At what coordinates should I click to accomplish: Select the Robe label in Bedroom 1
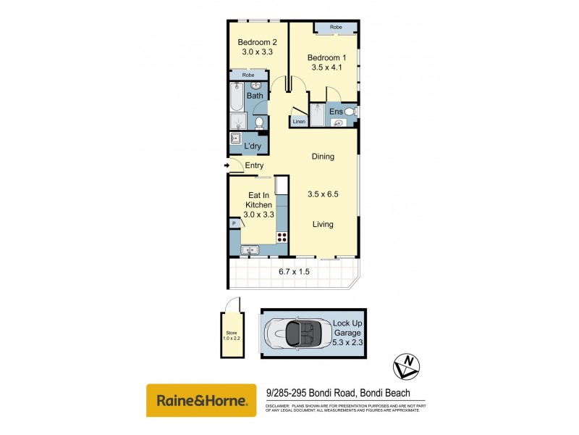click(336, 28)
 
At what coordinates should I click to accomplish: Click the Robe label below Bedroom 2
click(248, 75)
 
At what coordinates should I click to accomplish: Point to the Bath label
click(255, 96)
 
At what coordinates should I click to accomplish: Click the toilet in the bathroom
click(258, 123)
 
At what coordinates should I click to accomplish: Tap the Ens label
click(336, 112)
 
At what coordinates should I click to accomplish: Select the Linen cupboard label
click(299, 121)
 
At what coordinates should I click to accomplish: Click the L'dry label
click(253, 146)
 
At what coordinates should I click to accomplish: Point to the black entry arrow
click(227, 166)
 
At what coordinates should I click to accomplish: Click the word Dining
click(323, 157)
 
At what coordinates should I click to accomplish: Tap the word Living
click(323, 224)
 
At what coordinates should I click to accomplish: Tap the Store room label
click(229, 336)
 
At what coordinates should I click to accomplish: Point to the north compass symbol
click(407, 364)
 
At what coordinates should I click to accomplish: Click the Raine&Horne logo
click(201, 400)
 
